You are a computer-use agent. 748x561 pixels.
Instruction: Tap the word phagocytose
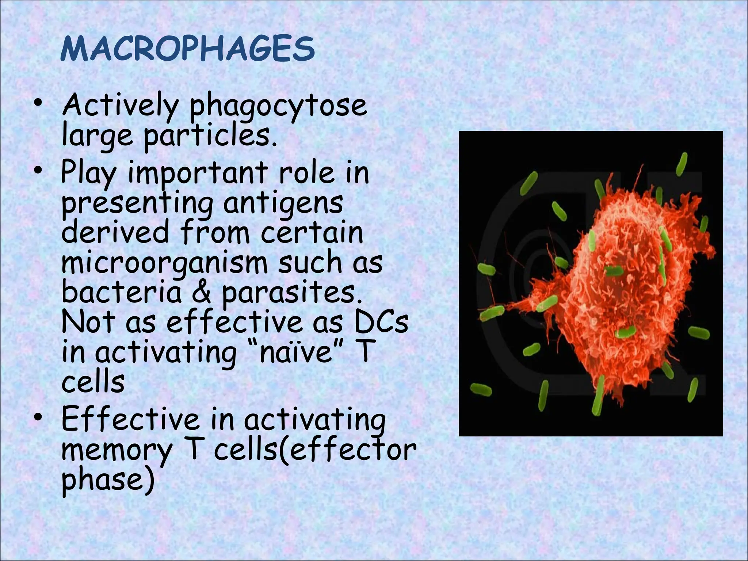click(278, 106)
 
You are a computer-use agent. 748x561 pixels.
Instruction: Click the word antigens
click(283, 203)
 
